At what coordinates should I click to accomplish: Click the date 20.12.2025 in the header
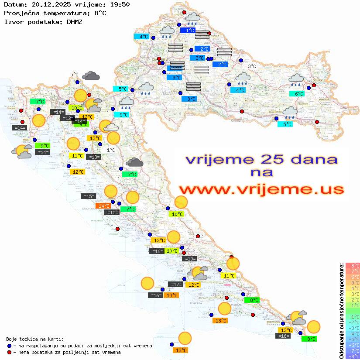pos(48,5)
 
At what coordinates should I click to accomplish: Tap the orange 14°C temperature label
pos(103,206)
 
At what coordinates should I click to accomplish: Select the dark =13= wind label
pos(93,157)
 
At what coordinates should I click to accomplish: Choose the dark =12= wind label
pos(67,118)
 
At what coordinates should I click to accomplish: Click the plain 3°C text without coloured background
pos(252,66)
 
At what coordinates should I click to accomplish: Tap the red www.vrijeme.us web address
pos(261,189)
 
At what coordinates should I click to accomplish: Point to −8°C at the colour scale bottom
pos(352,357)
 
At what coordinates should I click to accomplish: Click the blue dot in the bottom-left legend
pos(10,346)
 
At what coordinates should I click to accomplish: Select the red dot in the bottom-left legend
pos(10,352)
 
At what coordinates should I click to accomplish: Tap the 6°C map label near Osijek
pos(298,94)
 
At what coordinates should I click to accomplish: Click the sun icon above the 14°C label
pos(111,191)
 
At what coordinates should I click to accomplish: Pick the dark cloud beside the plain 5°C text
pos(91,76)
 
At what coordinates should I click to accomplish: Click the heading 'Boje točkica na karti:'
pos(35,339)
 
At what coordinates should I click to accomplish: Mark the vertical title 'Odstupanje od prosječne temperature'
pos(341,310)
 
